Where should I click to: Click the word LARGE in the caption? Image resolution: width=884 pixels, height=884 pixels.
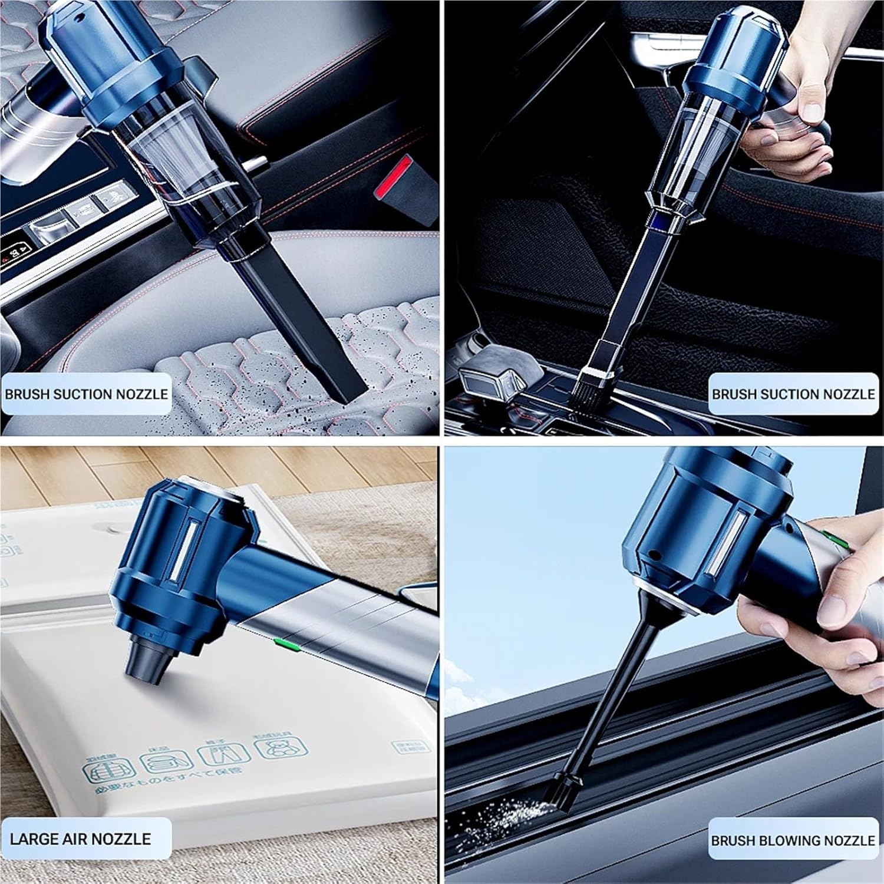pos(34,839)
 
